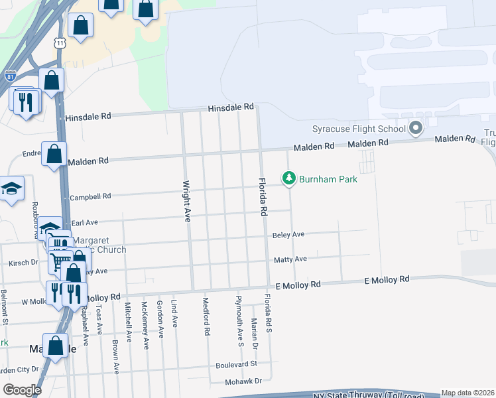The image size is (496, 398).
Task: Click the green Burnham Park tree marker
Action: point(288,178)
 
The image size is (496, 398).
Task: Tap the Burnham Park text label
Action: point(328,179)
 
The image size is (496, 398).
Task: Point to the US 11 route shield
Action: point(60,42)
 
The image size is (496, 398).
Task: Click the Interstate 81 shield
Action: point(11,76)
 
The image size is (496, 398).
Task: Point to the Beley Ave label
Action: point(288,235)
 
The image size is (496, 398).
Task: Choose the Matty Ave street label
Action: point(290,259)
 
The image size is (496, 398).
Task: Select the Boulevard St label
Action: point(236,365)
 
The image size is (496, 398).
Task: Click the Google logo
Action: point(22,389)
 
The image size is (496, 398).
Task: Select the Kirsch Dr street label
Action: point(23,263)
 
